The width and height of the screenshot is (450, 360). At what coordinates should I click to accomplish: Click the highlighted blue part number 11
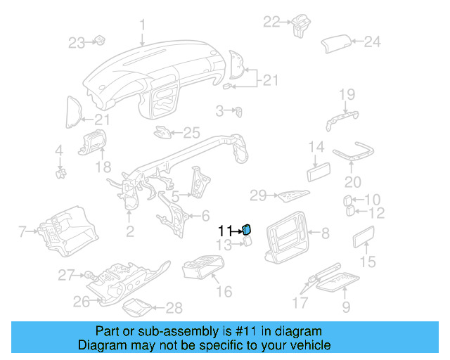(247, 229)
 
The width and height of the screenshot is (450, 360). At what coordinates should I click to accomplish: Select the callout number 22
(271, 22)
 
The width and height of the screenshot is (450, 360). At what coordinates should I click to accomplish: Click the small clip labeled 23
(99, 40)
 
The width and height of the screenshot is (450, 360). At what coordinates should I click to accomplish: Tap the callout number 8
(325, 232)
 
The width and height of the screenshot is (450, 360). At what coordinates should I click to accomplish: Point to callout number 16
(224, 291)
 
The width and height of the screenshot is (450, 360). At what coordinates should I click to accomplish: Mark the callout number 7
(22, 231)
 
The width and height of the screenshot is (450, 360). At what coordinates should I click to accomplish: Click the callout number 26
(82, 302)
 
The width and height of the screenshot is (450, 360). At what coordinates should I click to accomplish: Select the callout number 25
(192, 131)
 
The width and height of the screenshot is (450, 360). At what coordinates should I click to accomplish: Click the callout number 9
(346, 307)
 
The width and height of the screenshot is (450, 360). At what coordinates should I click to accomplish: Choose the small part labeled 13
(247, 243)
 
